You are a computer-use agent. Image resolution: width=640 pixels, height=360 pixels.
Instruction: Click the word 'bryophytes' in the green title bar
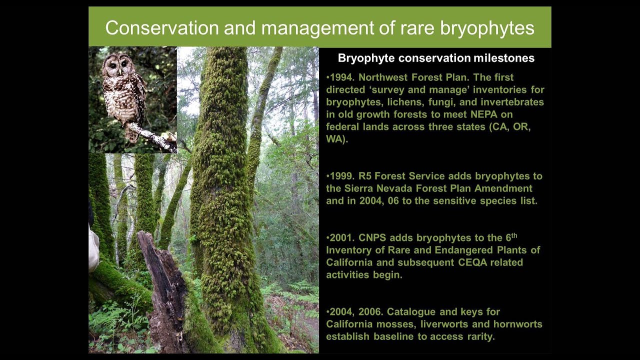coord(487,28)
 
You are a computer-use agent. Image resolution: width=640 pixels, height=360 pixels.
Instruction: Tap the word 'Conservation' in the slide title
coord(162,28)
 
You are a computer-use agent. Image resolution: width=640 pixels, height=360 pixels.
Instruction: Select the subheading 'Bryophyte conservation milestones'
coord(436,58)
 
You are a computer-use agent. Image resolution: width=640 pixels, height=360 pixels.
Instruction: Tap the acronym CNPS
coord(372,237)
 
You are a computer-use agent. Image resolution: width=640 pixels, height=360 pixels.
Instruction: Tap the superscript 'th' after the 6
coord(514,235)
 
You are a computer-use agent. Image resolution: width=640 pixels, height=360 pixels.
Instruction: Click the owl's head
coord(118,65)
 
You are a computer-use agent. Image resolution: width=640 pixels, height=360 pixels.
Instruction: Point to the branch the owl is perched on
coord(151,137)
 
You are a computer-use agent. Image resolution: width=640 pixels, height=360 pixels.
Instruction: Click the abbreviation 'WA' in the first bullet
coord(334,139)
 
